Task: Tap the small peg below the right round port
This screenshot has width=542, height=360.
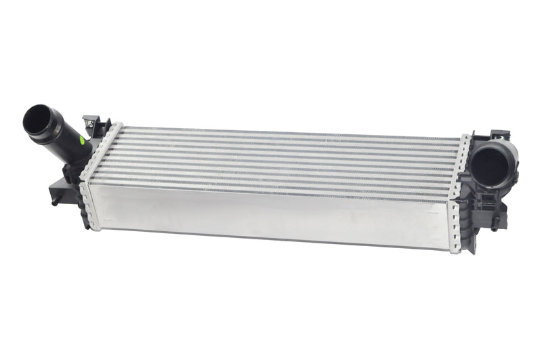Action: point(495,224)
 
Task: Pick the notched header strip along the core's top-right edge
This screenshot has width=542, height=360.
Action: point(463,156)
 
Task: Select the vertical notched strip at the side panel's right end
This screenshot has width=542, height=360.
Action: point(455,224)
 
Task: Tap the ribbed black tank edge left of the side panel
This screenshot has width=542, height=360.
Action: point(82,203)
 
